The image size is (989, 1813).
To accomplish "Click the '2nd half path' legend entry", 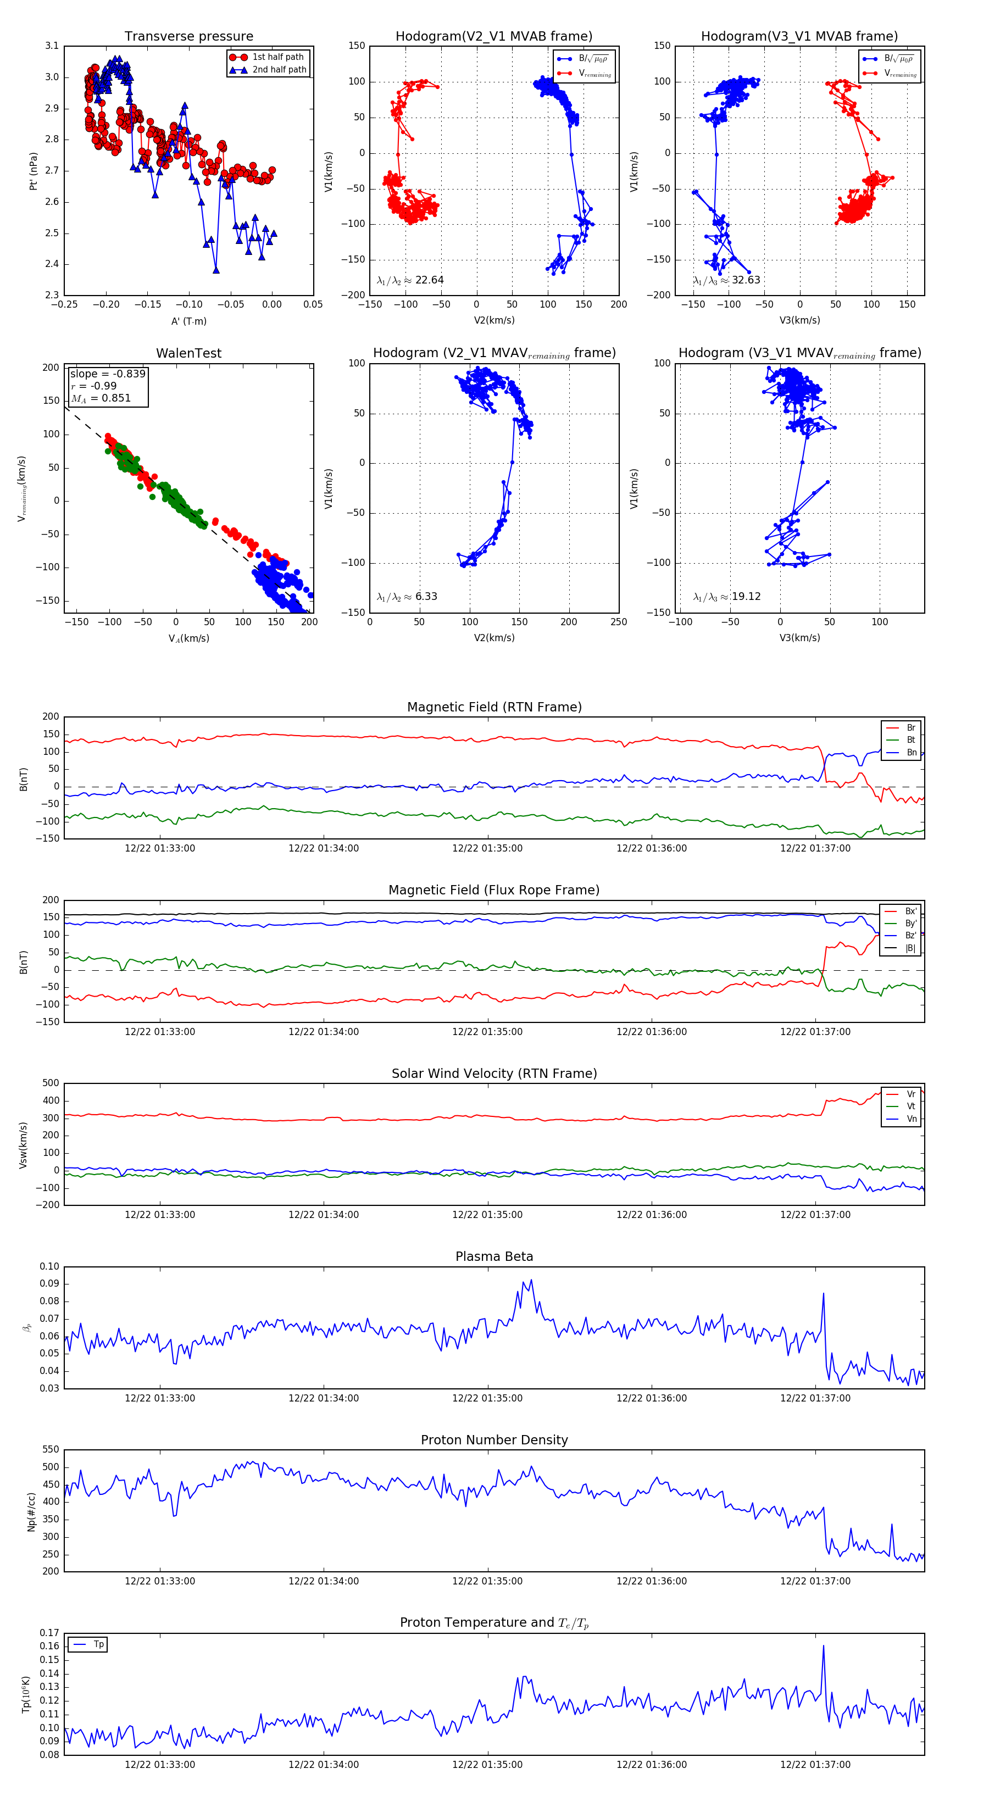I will tap(279, 70).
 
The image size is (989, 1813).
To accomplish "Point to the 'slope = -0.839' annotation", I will tap(108, 374).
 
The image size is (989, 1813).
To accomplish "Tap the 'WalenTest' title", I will tap(188, 353).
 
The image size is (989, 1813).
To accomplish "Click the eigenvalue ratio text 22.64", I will tap(429, 280).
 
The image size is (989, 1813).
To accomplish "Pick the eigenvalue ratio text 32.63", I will tap(746, 280).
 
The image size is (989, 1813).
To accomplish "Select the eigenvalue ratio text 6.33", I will tap(426, 597).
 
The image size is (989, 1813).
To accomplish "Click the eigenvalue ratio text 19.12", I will tap(746, 597).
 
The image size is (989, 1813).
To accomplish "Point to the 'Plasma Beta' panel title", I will tap(494, 1257).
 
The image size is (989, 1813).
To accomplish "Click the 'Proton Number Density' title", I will tap(494, 1440).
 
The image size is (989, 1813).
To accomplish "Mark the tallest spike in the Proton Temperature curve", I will tap(823, 1645).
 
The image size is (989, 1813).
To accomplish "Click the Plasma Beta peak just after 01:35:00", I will tap(531, 1280).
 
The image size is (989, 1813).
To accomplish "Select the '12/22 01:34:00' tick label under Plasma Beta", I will tap(323, 1398).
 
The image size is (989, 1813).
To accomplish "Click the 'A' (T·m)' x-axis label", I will tap(188, 321).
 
